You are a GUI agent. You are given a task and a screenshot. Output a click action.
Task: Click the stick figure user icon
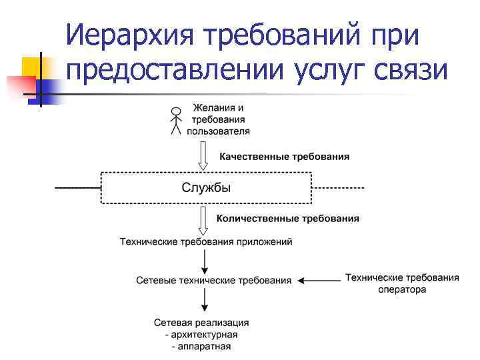point(176,121)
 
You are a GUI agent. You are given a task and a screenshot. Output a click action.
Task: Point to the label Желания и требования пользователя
point(218,119)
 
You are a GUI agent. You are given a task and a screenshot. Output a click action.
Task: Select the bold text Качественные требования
point(284,157)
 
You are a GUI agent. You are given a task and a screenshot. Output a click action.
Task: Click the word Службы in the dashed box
point(206,188)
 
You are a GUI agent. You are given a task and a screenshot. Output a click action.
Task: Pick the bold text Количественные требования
point(288,218)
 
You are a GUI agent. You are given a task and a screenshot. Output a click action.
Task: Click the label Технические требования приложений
point(205,241)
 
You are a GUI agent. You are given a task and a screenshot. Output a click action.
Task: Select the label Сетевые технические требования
point(213,281)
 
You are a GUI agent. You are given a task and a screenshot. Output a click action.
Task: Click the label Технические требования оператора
point(402,283)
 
